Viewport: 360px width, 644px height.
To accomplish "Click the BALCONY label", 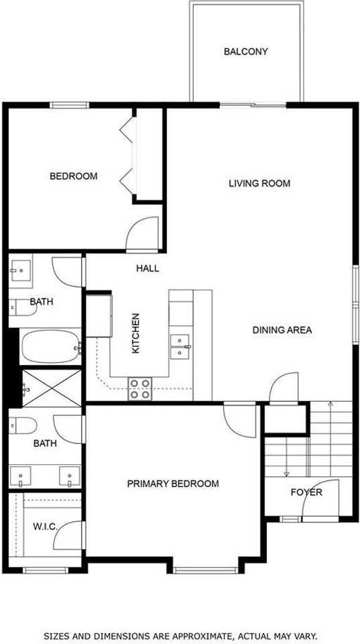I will (x=246, y=51).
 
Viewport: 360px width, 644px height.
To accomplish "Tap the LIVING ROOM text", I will (x=259, y=183).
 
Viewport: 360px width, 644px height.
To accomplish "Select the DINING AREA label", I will (x=282, y=330).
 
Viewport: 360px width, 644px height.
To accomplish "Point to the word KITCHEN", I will (x=135, y=333).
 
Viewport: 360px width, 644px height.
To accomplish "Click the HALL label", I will (x=147, y=268).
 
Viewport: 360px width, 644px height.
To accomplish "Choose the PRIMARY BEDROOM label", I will (x=173, y=484).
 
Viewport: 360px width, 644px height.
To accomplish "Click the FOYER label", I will (x=306, y=492).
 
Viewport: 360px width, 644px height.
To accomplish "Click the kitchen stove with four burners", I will (x=140, y=389).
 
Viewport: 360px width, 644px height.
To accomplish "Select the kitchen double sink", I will (x=179, y=346).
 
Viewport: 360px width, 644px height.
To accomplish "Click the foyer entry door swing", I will (x=315, y=500).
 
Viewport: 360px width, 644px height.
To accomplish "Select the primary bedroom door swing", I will (x=240, y=419).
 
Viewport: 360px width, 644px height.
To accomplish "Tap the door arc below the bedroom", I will (x=142, y=235).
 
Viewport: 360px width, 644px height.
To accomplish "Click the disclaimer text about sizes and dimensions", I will (x=180, y=635).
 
